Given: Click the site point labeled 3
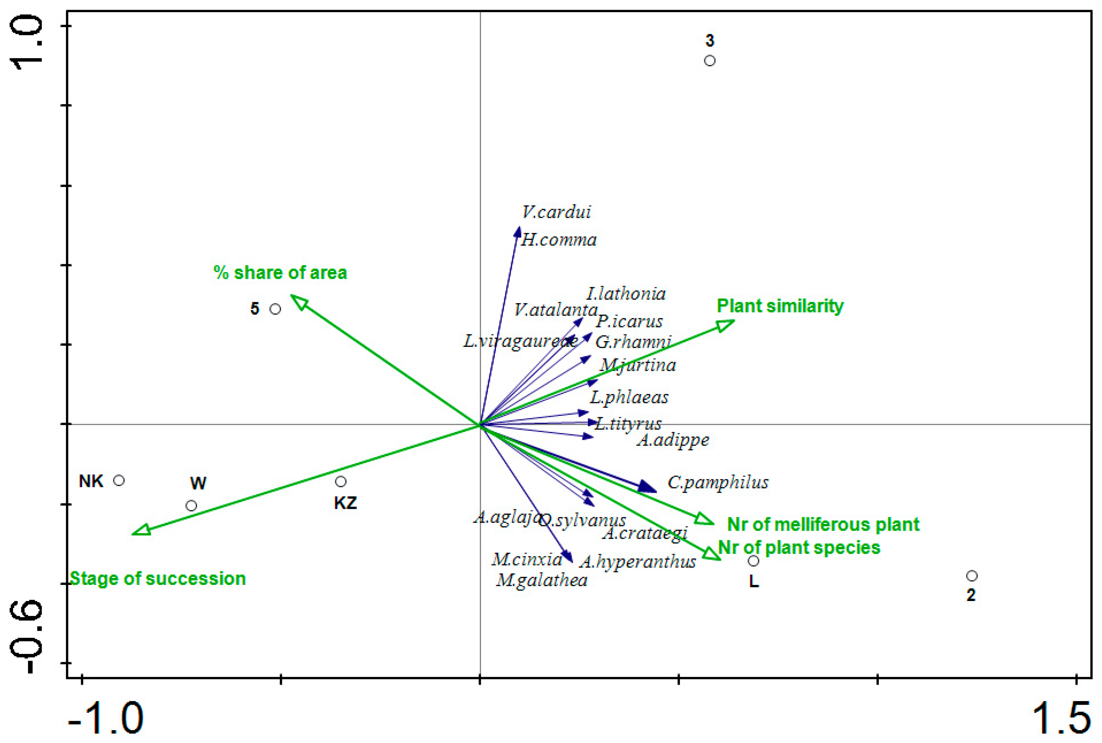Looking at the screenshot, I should pyautogui.click(x=709, y=61).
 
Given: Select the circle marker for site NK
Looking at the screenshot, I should pyautogui.click(x=119, y=480).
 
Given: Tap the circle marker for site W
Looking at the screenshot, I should pyautogui.click(x=191, y=506).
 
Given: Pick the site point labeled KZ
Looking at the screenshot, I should pyautogui.click(x=340, y=482).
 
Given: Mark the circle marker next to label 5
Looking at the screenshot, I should pyautogui.click(x=275, y=309).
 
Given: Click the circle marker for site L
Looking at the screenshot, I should pyautogui.click(x=753, y=561).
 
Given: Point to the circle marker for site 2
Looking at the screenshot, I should pyautogui.click(x=972, y=576).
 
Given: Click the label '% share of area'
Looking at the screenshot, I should pyautogui.click(x=280, y=273).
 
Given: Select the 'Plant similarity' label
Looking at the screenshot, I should pyautogui.click(x=780, y=306).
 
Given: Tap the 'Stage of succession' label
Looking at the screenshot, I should pyautogui.click(x=158, y=579).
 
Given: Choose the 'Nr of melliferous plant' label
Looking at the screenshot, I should pyautogui.click(x=823, y=524).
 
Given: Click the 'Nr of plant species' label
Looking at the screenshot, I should pyautogui.click(x=799, y=548).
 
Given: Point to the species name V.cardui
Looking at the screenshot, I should pyautogui.click(x=556, y=212).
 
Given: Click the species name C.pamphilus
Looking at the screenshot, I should pyautogui.click(x=718, y=483).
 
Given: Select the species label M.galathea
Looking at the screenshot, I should pyautogui.click(x=542, y=580).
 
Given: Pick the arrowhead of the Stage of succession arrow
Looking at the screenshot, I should pyautogui.click(x=140, y=531).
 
